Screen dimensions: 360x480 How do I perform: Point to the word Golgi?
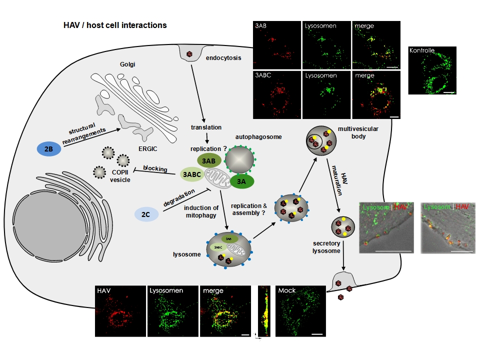[x=128, y=64]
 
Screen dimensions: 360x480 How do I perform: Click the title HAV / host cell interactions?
[x=115, y=25]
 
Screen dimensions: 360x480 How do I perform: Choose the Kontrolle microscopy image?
[x=432, y=70]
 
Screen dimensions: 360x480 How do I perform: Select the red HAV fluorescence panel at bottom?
[x=119, y=310]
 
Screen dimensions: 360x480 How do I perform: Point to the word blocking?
[x=155, y=168]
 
